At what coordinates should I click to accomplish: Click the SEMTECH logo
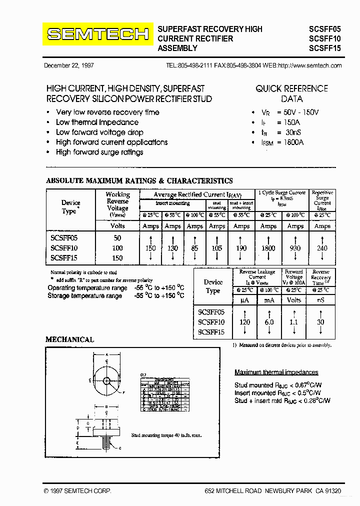click(x=98, y=34)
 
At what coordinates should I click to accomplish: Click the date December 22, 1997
click(x=69, y=65)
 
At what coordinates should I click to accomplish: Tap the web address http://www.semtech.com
click(x=309, y=65)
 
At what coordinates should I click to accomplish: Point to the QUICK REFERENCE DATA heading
click(x=291, y=93)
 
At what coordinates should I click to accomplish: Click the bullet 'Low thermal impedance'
click(x=97, y=122)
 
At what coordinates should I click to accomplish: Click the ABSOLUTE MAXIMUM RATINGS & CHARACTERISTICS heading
click(x=139, y=181)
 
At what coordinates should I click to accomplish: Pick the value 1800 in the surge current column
click(x=268, y=248)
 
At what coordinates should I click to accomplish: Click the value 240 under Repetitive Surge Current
click(x=322, y=248)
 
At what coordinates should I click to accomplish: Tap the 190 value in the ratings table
click(x=241, y=248)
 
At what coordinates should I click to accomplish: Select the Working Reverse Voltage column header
click(x=117, y=204)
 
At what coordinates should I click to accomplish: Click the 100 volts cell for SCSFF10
click(x=117, y=248)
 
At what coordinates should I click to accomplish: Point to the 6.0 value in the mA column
click(x=269, y=322)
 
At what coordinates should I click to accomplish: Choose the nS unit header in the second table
click(x=320, y=300)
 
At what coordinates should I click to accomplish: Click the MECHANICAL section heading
click(x=69, y=339)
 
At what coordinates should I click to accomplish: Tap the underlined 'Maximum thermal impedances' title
click(x=276, y=372)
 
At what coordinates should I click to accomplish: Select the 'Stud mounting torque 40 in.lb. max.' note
click(x=166, y=435)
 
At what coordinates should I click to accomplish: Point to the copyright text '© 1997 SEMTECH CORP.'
click(x=77, y=491)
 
